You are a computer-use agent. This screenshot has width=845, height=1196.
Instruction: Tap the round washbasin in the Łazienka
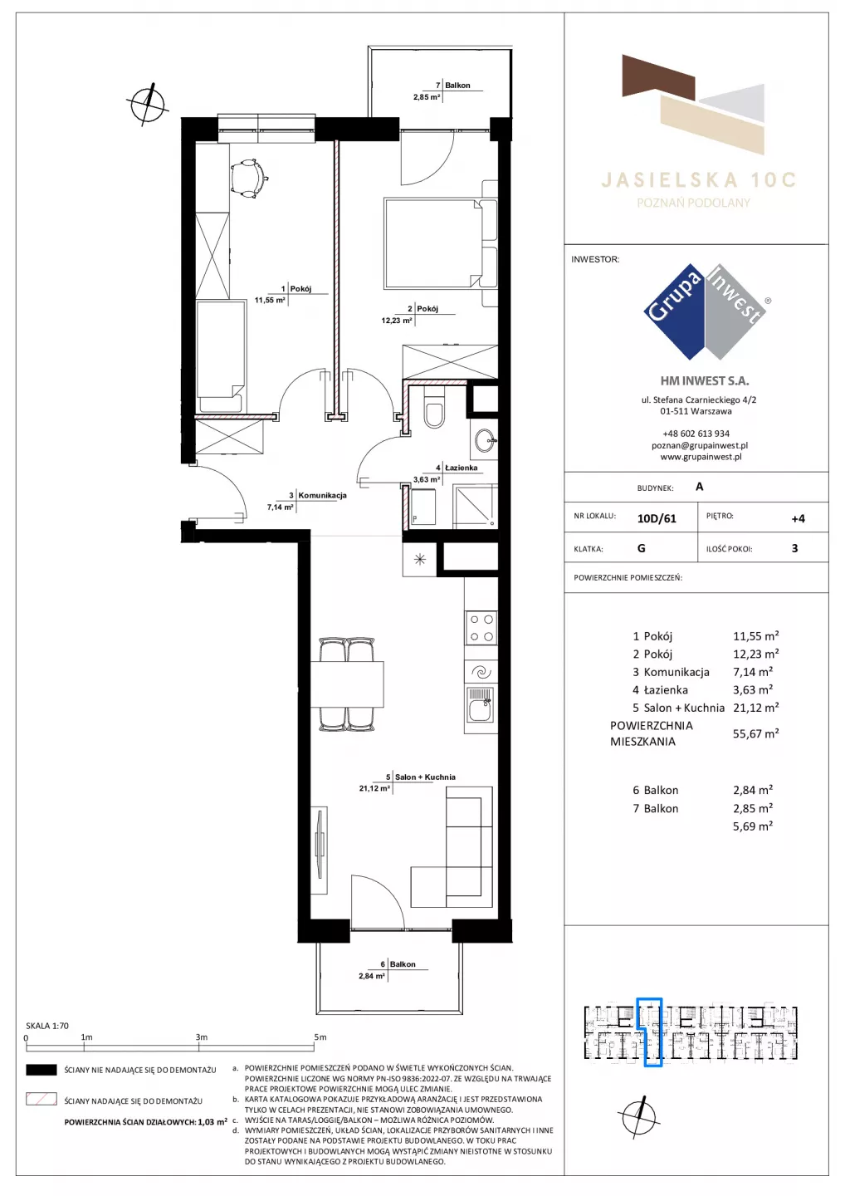coord(485,442)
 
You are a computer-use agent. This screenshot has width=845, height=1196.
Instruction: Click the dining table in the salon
coord(347,684)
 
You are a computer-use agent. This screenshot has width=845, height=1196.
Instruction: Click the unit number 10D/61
coord(657,518)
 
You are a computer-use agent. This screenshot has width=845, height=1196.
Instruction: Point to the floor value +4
coord(798,518)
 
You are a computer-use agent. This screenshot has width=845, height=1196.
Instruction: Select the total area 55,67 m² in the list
coord(756,733)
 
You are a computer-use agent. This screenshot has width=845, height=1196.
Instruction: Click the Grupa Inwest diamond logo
coord(705,311)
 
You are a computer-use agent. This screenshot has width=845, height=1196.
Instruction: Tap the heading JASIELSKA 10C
coord(698,180)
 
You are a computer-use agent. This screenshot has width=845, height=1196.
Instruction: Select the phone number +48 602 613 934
coord(696,434)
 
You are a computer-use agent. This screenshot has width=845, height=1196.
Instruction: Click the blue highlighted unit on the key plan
coord(649,1032)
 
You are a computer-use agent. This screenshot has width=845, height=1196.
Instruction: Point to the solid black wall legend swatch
coord(42,1070)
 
